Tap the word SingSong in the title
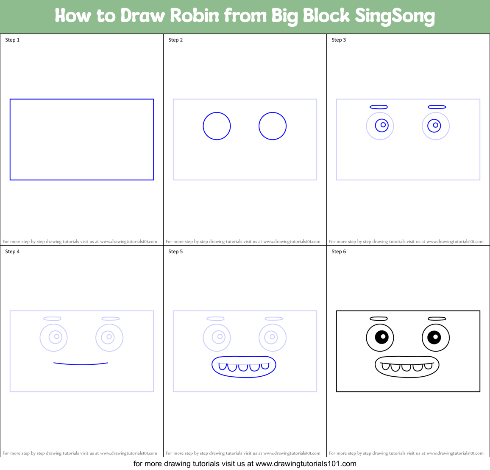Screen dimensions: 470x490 click(x=395, y=16)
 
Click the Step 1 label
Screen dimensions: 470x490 click(x=12, y=40)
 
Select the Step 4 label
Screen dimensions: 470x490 click(x=12, y=252)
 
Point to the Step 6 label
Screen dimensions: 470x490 click(x=339, y=252)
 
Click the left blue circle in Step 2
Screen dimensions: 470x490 click(x=217, y=126)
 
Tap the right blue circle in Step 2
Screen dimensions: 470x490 click(x=273, y=126)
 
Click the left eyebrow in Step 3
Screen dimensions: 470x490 click(x=379, y=107)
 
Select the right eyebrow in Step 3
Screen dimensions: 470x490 click(x=437, y=107)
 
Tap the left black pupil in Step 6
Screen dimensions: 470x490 click(x=381, y=337)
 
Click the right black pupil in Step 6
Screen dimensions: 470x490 click(x=434, y=337)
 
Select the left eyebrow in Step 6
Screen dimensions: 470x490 click(x=379, y=319)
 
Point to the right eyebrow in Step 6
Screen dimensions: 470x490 click(x=437, y=319)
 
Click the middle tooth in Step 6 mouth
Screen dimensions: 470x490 click(x=406, y=367)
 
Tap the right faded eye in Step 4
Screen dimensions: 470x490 click(x=109, y=338)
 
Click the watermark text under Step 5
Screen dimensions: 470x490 click(x=243, y=453)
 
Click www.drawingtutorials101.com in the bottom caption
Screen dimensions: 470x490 click(x=306, y=464)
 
